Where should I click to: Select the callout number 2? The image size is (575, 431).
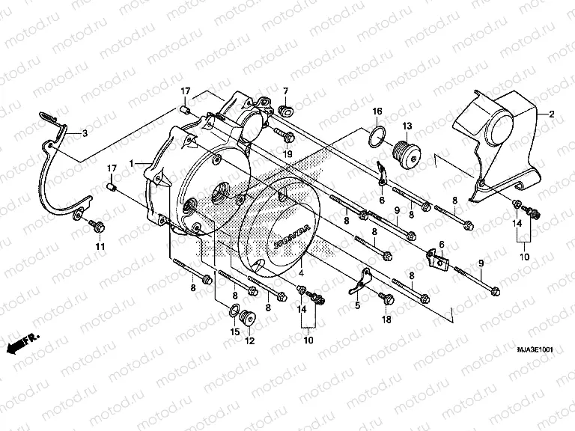point(552,114)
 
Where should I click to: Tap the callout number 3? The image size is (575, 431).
point(85,133)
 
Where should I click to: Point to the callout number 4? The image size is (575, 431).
point(302,275)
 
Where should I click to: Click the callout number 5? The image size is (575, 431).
point(357,305)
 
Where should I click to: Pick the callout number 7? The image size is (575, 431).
point(285,91)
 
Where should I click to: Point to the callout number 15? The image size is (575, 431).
point(234,331)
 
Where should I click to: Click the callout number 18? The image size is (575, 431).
point(387,320)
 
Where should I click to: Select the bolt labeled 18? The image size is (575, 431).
point(387,299)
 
